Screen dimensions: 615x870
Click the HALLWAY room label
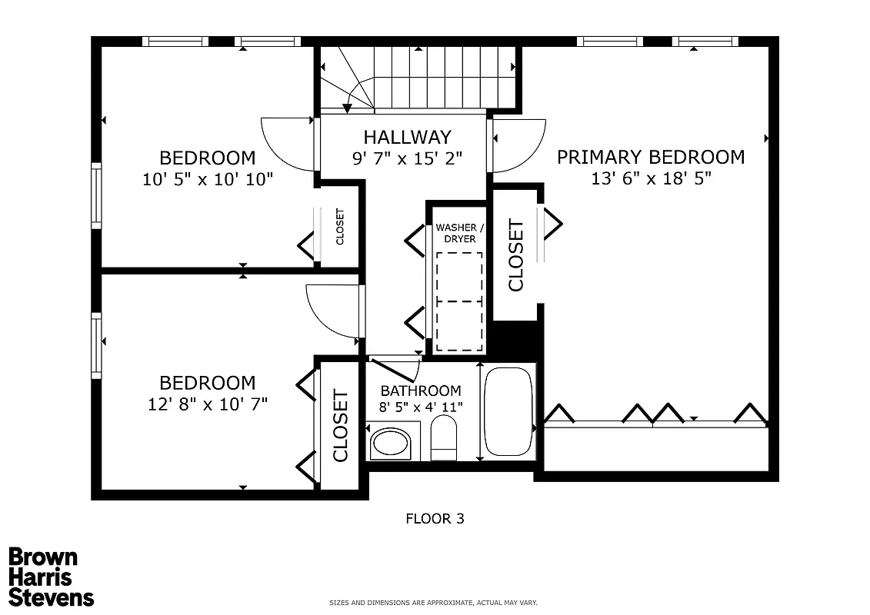(407, 138)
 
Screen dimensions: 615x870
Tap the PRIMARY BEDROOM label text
(651, 158)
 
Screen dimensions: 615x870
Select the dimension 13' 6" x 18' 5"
(651, 178)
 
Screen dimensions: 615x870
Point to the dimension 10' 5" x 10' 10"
(208, 179)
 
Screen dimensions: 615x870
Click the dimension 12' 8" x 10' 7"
(208, 404)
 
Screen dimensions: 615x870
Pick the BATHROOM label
(421, 391)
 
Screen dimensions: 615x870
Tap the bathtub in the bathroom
(508, 414)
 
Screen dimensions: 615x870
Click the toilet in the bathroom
(444, 438)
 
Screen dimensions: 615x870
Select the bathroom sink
(391, 443)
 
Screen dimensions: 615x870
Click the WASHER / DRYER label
(456, 233)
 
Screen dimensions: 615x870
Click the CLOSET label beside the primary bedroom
(515, 255)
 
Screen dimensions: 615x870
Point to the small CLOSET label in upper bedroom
(339, 227)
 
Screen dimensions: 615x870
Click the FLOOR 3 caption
(435, 519)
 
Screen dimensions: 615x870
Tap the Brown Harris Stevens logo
(51, 577)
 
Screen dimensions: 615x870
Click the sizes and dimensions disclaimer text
(433, 603)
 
